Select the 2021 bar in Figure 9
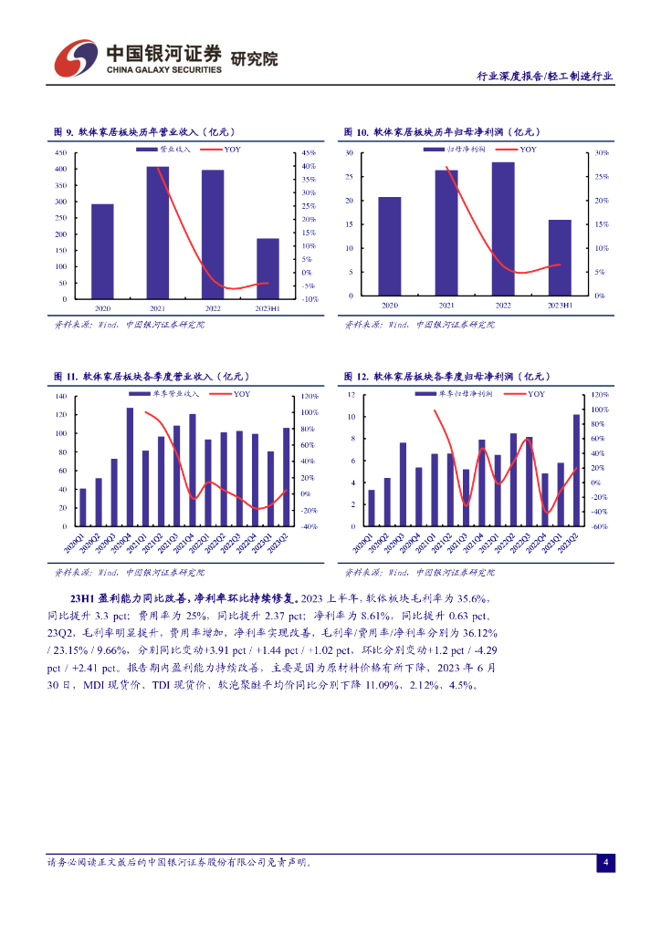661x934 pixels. tap(158, 233)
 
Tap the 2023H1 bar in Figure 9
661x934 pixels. tap(268, 269)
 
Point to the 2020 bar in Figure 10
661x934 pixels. tap(390, 246)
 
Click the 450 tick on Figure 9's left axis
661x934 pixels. tap(61, 153)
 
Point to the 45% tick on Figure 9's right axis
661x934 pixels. tap(309, 153)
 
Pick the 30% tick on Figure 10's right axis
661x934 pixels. tap(601, 153)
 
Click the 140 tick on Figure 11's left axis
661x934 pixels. tap(61, 396)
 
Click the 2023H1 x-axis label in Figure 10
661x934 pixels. tap(560, 306)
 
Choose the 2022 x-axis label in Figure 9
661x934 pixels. tap(213, 309)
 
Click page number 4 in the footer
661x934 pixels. tap(605, 862)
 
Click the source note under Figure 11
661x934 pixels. tap(129, 573)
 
